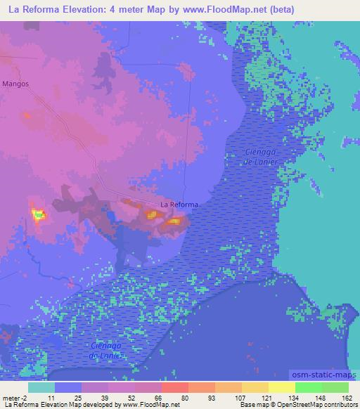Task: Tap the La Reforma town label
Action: point(179,204)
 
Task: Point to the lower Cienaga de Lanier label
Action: point(108,351)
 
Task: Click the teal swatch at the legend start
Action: point(41,387)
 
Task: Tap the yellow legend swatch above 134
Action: point(281,387)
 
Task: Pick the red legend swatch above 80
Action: point(174,387)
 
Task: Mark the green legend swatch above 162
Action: point(335,387)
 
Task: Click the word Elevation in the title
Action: point(86,9)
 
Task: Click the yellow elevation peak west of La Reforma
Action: point(38,214)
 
